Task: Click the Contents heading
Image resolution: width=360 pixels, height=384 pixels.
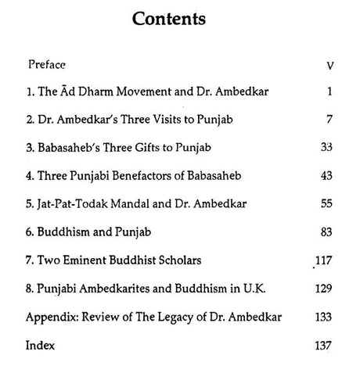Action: pyautogui.click(x=180, y=20)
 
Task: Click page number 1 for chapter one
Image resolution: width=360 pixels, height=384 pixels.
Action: pyautogui.click(x=331, y=92)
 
